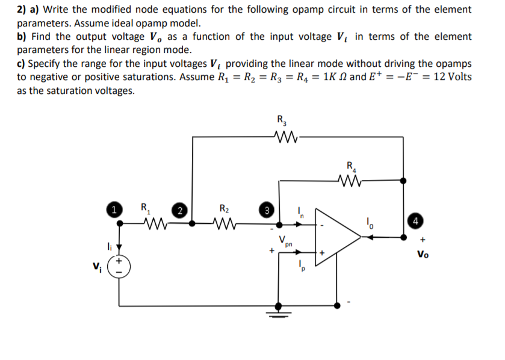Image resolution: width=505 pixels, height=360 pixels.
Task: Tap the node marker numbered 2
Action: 179,211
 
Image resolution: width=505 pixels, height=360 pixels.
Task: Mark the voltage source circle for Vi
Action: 119,268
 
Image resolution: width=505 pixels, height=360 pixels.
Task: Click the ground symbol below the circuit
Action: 279,309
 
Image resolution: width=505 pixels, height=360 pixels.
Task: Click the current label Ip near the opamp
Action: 302,265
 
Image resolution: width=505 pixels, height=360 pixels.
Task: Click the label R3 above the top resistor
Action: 281,119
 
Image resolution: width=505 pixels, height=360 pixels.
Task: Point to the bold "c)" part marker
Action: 22,64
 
